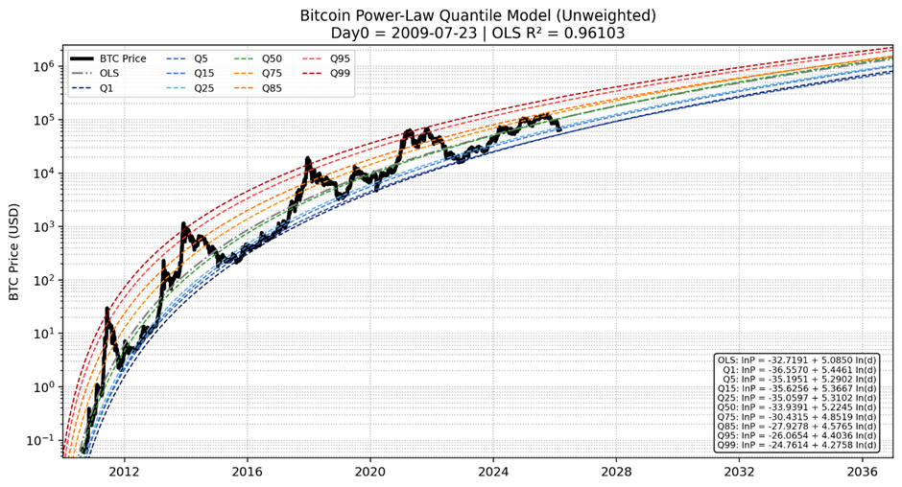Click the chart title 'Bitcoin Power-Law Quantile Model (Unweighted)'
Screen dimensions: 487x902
(x=478, y=15)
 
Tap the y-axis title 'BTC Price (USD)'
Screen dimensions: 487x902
(x=14, y=251)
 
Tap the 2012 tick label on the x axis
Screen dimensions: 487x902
(x=124, y=472)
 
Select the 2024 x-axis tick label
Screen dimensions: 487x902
(x=493, y=472)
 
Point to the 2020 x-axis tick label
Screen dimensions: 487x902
(x=370, y=472)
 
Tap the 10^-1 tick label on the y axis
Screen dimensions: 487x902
(x=42, y=441)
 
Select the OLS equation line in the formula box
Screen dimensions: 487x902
(x=795, y=360)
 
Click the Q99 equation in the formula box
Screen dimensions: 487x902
(x=795, y=445)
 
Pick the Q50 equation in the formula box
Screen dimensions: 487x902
(x=795, y=407)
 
